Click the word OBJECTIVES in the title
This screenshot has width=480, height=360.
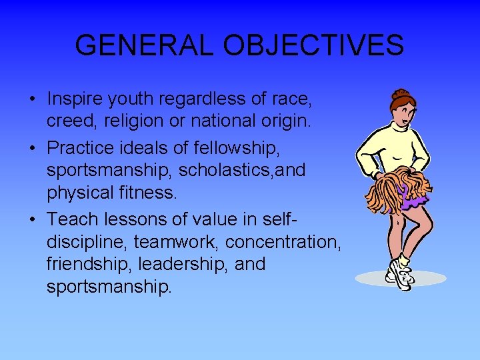tap(313, 46)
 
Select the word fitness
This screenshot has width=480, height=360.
tap(151, 194)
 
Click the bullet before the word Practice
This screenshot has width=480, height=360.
tap(33, 147)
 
